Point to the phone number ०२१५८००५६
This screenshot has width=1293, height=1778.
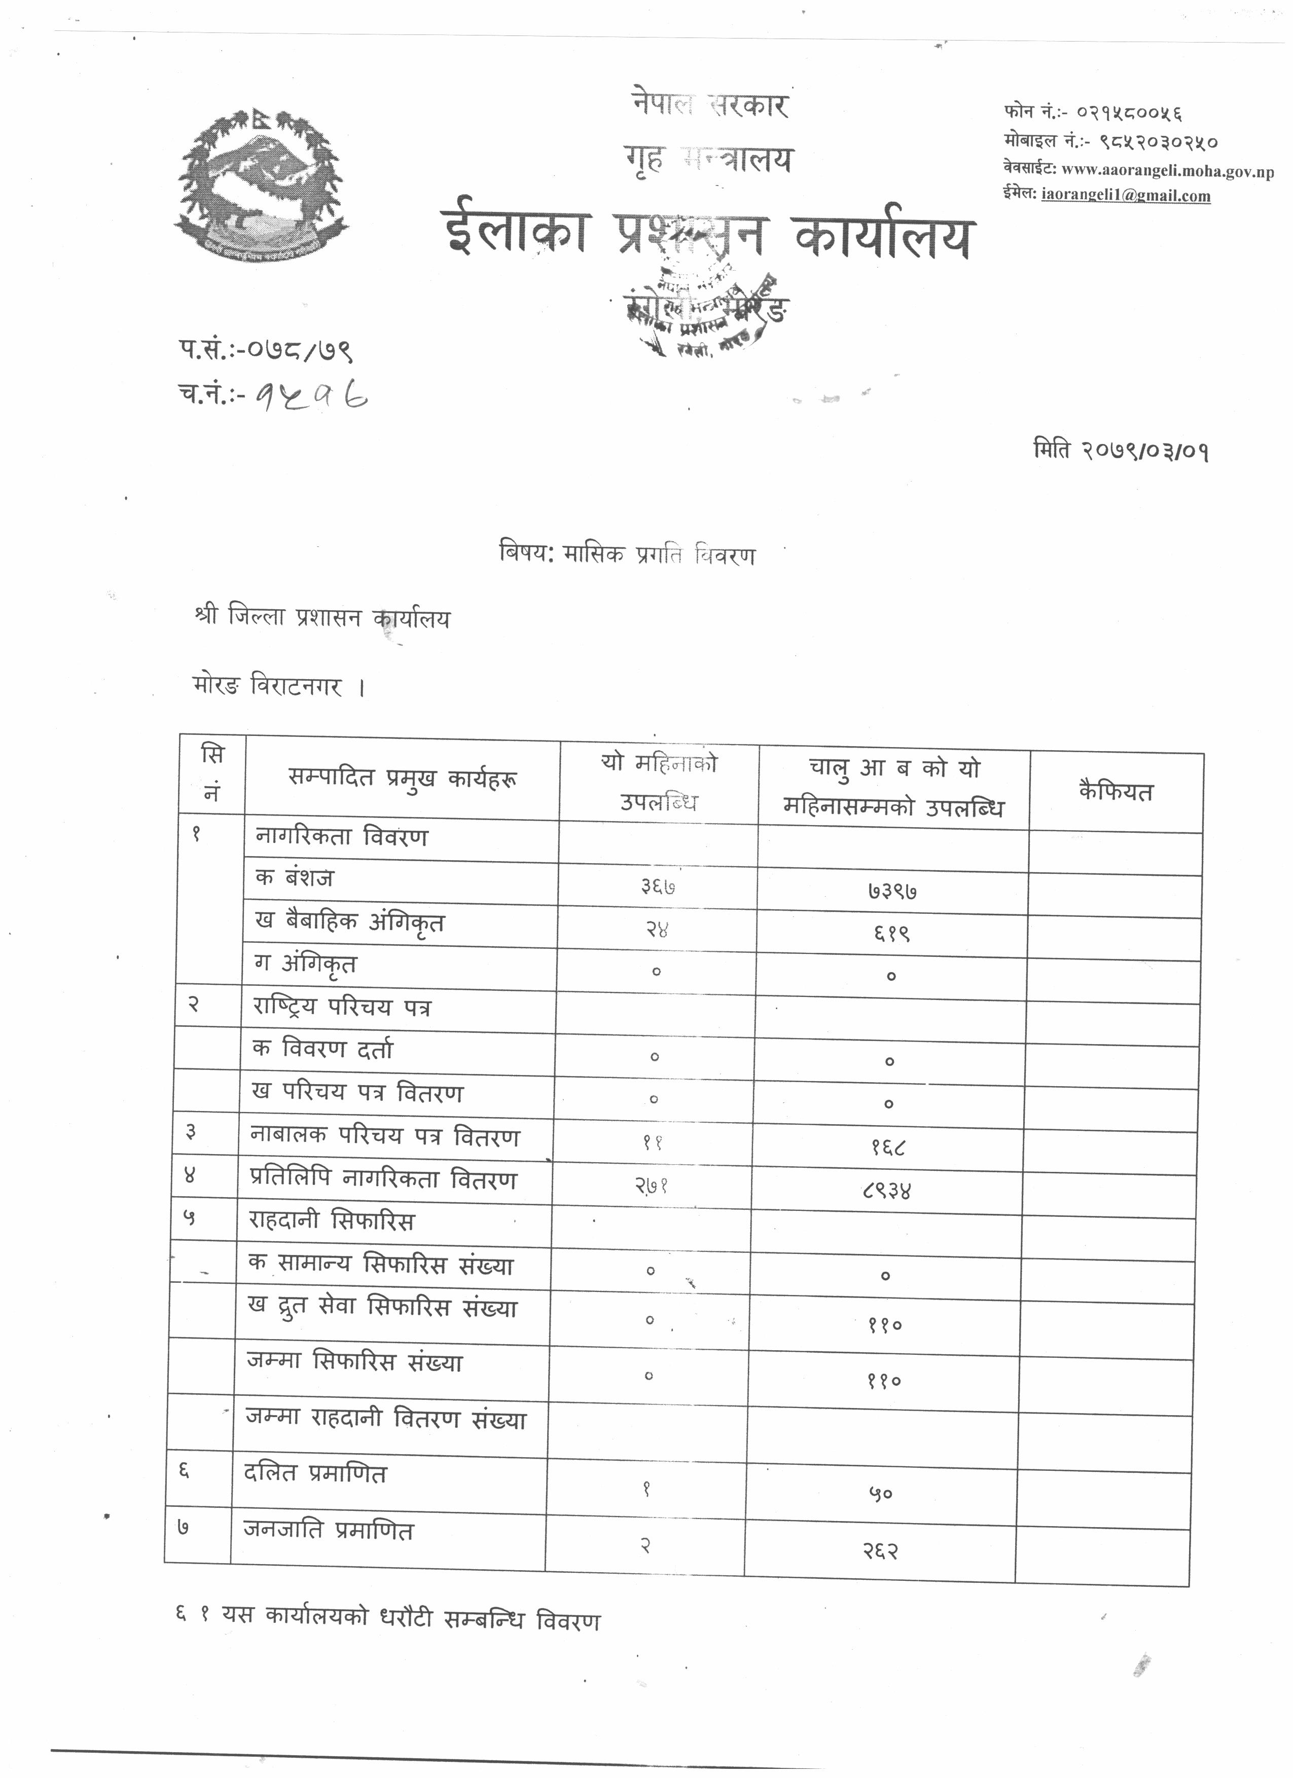click(1129, 112)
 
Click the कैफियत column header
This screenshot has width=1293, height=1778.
click(1116, 792)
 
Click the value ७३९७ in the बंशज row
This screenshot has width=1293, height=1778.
click(892, 892)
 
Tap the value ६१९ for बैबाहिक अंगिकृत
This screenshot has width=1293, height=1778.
click(891, 933)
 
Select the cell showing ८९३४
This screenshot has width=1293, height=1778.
click(887, 1192)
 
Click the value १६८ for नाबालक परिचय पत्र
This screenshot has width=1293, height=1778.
click(888, 1149)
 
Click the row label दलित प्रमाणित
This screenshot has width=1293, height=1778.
click(314, 1474)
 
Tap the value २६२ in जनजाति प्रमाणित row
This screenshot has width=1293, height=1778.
click(880, 1550)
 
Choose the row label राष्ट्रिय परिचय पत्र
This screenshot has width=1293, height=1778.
click(342, 1008)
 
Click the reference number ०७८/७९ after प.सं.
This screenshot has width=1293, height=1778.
click(300, 349)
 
